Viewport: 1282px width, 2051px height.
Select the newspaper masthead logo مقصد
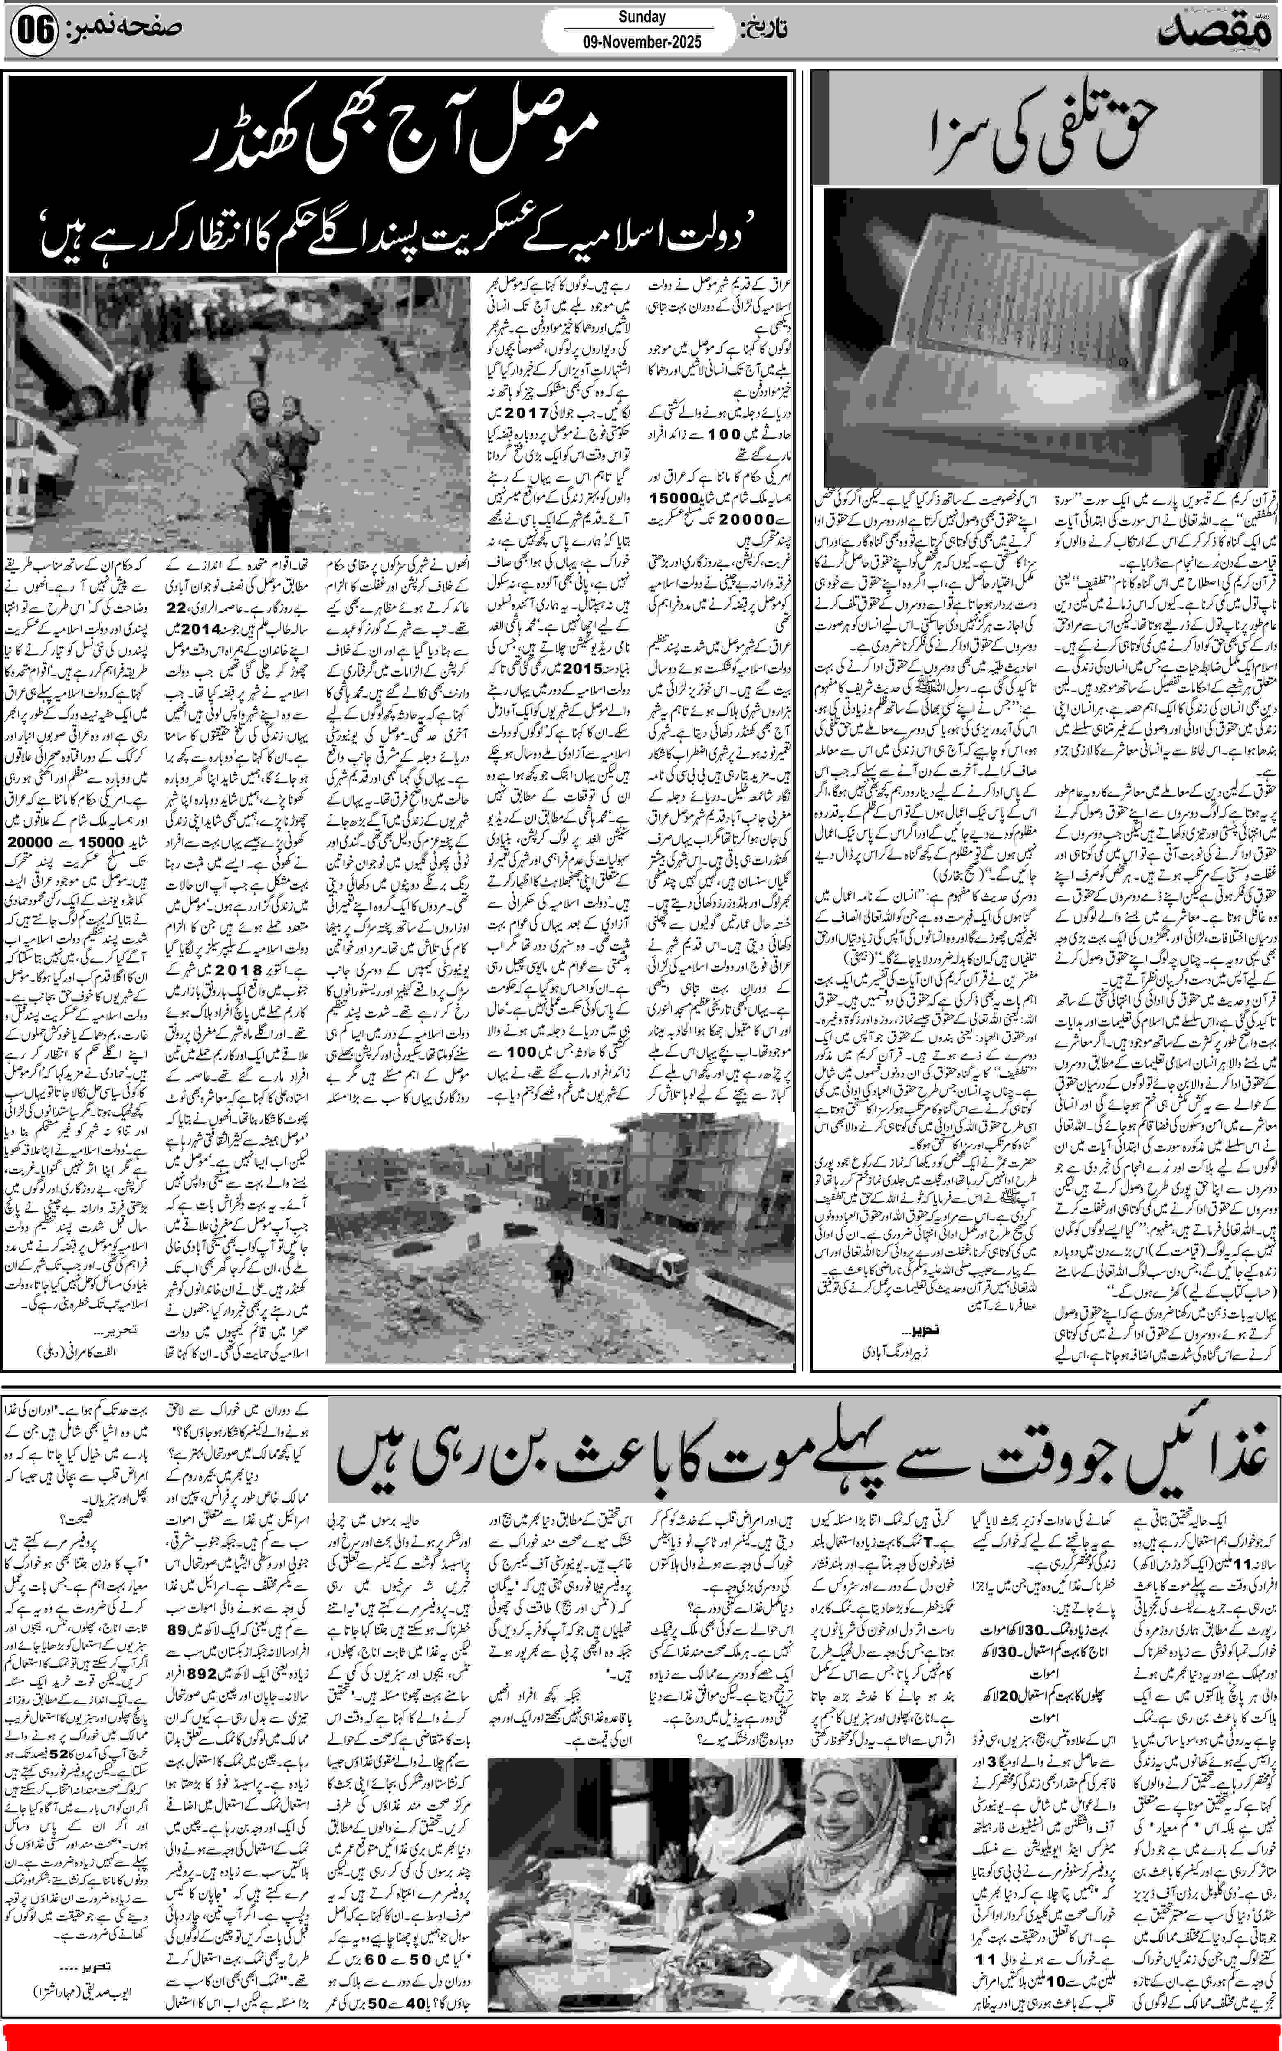click(x=1215, y=32)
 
